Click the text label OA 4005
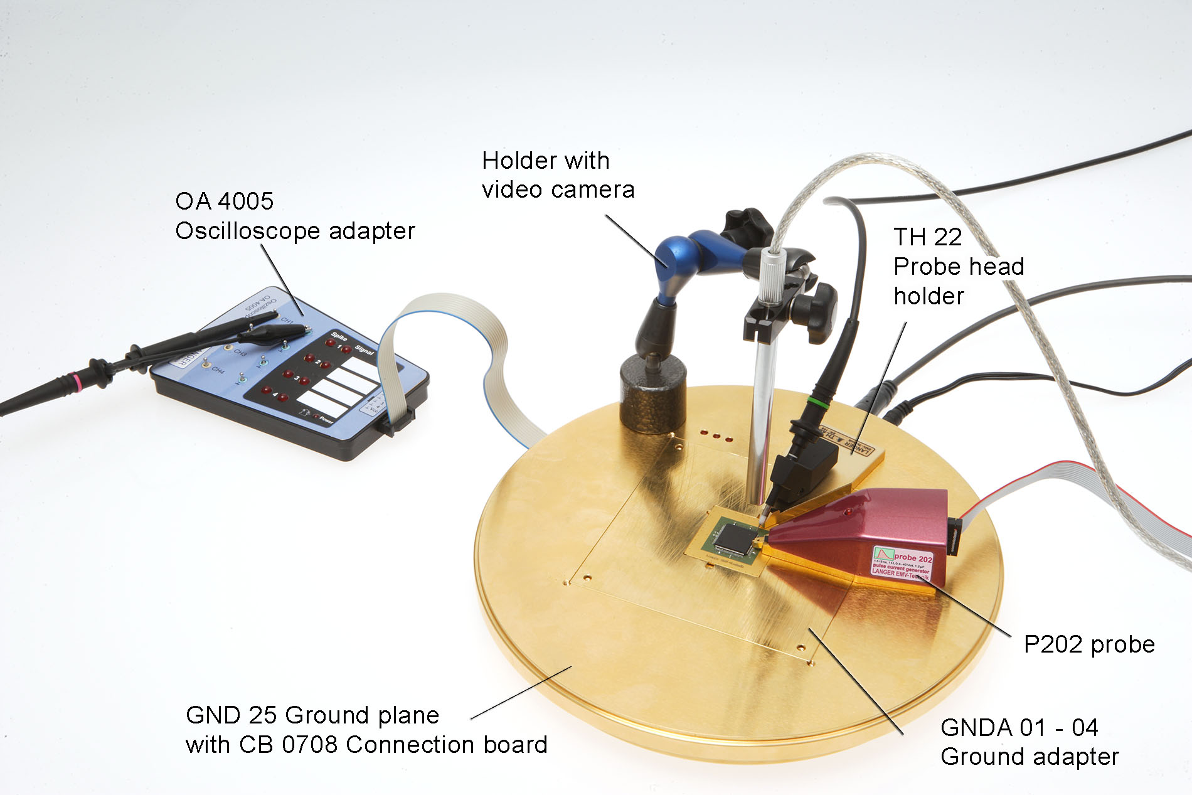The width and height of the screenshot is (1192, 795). (224, 201)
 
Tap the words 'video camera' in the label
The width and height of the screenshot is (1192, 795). (558, 189)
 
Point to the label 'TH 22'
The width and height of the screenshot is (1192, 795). (927, 237)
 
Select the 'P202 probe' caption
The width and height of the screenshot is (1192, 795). (1088, 644)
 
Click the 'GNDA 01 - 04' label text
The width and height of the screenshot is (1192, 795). (1019, 727)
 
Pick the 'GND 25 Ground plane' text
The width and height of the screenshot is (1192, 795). (312, 715)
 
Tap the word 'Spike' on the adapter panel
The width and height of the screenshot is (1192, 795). (339, 338)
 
